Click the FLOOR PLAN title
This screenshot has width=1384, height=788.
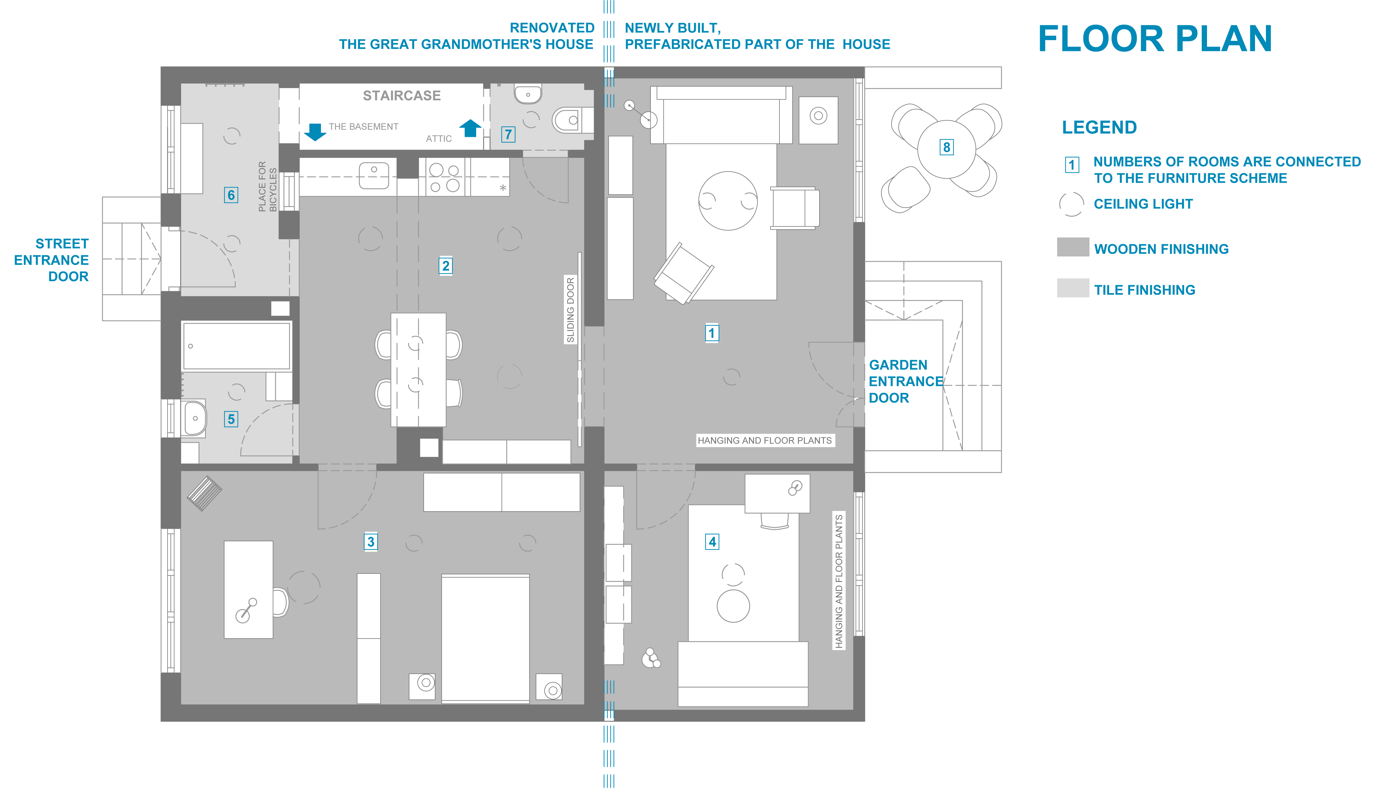pos(1155,39)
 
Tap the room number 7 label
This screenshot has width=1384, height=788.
pos(508,134)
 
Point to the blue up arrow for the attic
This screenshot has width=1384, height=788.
pos(470,128)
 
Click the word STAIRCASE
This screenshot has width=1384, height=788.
pos(402,96)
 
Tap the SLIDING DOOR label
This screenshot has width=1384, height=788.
pos(570,310)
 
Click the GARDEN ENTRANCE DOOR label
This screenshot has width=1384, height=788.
pos(905,381)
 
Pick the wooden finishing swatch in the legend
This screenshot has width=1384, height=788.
pos(1073,247)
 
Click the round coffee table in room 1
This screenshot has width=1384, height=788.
pos(728,201)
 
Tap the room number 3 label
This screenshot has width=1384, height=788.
pos(371,542)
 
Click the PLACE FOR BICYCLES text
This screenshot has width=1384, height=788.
pos(267,186)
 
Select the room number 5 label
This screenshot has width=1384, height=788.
pos(231,419)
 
